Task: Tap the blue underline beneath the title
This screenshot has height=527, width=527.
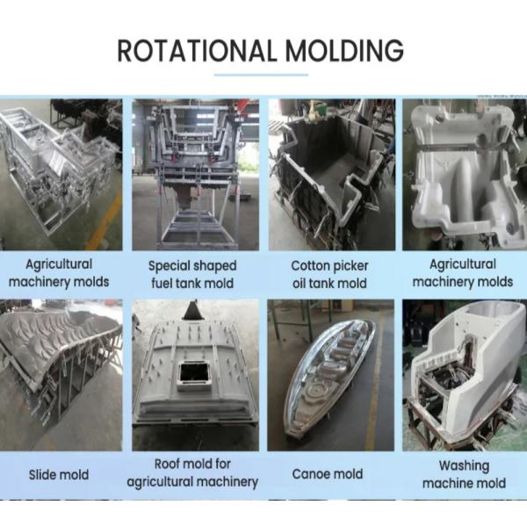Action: (261, 76)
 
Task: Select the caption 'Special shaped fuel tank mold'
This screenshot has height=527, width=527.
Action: (192, 274)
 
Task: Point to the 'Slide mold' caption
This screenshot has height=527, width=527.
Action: (59, 474)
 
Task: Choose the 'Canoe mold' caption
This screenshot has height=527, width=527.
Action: (327, 474)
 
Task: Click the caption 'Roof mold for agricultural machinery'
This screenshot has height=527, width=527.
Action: (192, 473)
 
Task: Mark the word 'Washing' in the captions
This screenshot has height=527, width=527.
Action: (463, 466)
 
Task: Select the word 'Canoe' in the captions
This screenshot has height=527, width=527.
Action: (312, 474)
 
